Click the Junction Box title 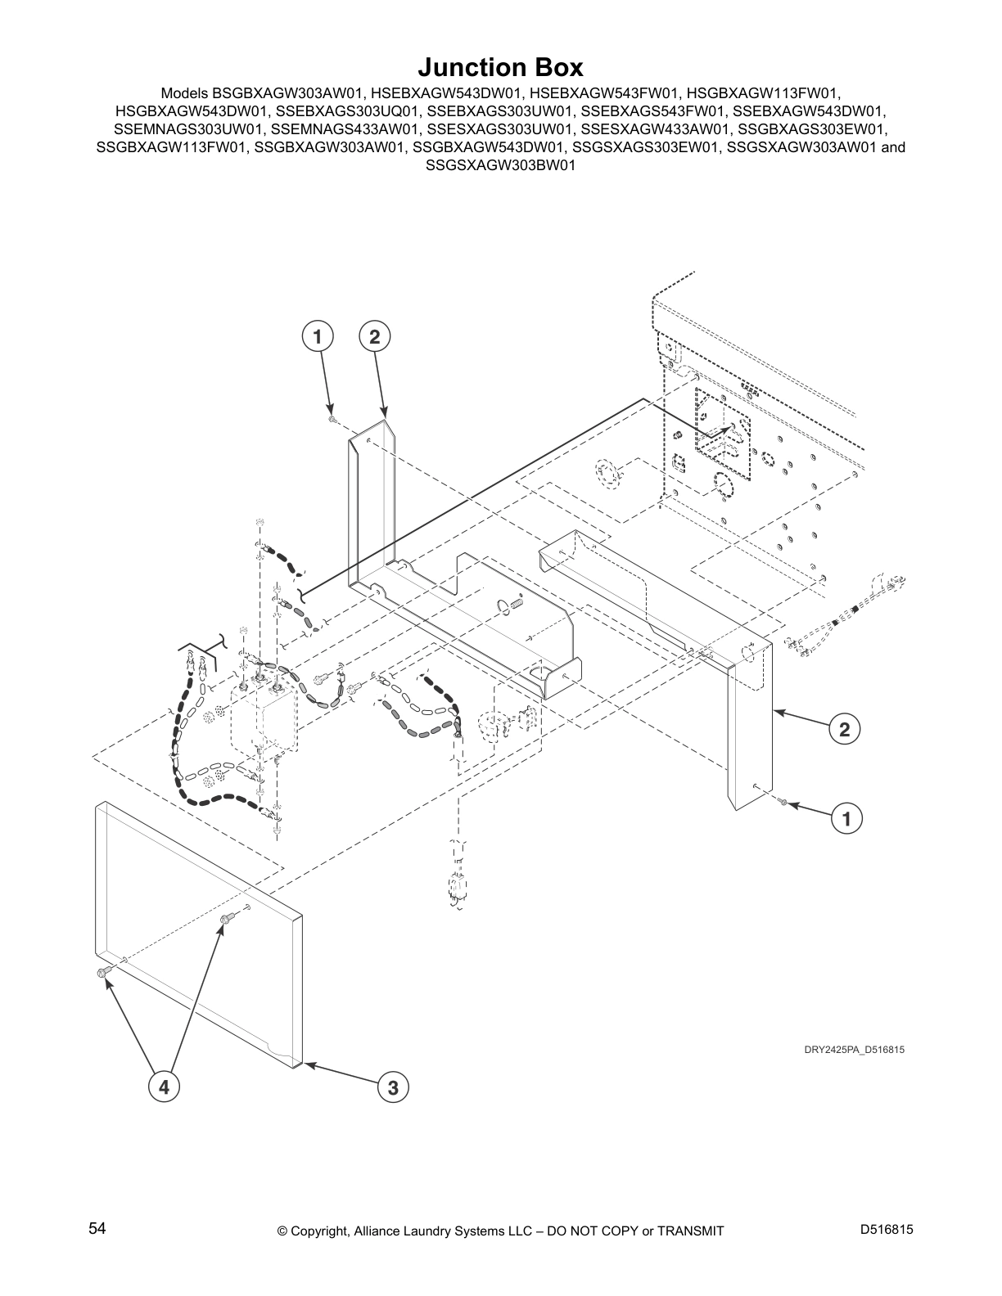click(x=500, y=66)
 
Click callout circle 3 click(x=393, y=1087)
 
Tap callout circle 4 click(x=164, y=1087)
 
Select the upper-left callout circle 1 click(x=317, y=336)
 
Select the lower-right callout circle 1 click(x=847, y=818)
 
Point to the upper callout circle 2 click(x=374, y=336)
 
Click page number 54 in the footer click(x=97, y=1229)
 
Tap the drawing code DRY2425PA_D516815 click(x=854, y=1050)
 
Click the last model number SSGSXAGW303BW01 click(x=500, y=164)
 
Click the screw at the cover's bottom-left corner click(x=102, y=971)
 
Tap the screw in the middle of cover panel click(x=223, y=920)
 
